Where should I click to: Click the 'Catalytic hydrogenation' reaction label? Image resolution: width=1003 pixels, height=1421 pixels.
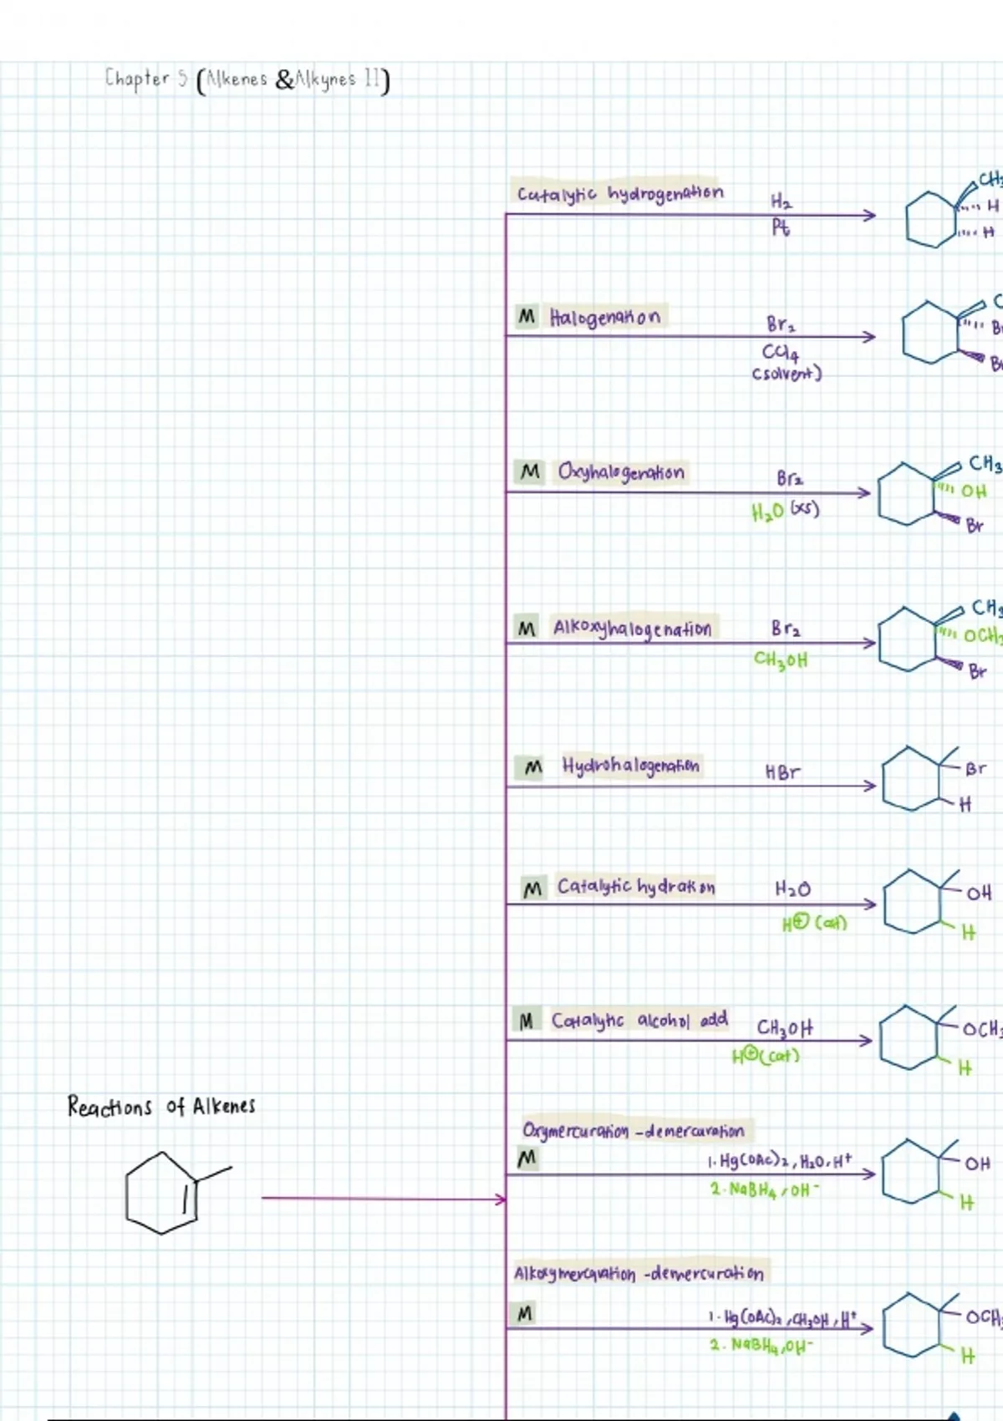619,193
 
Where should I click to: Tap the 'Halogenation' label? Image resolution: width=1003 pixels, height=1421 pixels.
604,317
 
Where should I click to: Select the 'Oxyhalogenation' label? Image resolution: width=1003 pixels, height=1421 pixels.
621,472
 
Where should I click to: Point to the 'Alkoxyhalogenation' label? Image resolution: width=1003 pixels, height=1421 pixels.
632,629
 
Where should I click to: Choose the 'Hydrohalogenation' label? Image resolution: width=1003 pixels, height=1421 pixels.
631,766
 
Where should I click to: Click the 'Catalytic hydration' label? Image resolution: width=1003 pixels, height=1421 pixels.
636,887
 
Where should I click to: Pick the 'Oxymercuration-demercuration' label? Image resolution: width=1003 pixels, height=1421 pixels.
633,1131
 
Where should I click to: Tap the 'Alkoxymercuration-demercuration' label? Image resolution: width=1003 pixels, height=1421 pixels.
638,1273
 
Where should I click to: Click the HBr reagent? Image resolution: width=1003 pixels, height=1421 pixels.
782,772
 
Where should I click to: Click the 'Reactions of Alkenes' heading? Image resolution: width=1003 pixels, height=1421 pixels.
161,1107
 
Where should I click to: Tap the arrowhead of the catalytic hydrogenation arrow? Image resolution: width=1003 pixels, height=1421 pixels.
871,216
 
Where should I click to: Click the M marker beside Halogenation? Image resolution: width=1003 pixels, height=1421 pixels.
527,317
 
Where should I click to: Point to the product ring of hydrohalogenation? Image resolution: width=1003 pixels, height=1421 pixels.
913,780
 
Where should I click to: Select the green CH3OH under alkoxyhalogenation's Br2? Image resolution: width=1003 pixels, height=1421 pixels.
781,660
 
